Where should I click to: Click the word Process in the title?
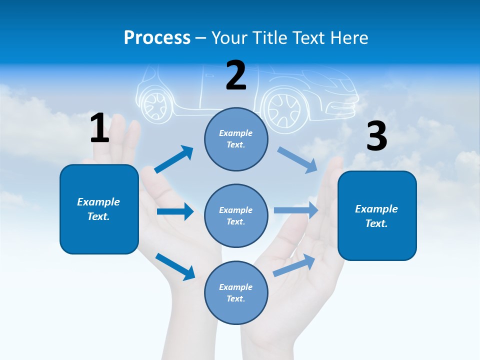[x=157, y=37]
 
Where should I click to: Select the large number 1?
[x=99, y=128]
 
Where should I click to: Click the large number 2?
[x=236, y=75]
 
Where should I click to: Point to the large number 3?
[x=376, y=136]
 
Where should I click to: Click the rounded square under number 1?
[x=99, y=209]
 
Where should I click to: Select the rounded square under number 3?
[x=377, y=215]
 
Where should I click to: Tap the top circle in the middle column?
[x=236, y=139]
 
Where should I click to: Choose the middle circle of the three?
[x=236, y=215]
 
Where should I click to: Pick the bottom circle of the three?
[x=236, y=292]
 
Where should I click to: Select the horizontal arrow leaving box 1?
[x=175, y=211]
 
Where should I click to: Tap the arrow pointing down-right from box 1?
[x=175, y=266]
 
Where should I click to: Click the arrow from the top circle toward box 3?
[x=297, y=160]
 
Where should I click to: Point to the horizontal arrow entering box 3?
[x=296, y=210]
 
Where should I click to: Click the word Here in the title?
[x=348, y=37]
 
